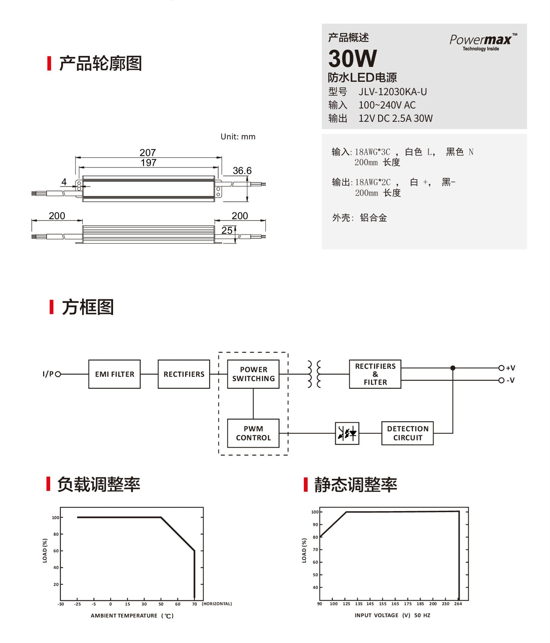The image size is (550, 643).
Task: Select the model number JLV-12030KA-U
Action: click(x=392, y=92)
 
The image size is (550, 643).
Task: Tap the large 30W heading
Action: click(x=352, y=59)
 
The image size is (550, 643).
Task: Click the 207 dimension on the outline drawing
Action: click(x=148, y=153)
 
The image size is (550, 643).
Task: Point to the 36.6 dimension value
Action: click(x=242, y=171)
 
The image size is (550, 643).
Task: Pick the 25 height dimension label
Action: click(x=227, y=230)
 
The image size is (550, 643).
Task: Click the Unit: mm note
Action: click(x=238, y=137)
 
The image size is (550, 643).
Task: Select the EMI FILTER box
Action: click(x=114, y=374)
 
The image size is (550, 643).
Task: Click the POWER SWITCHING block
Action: click(x=253, y=374)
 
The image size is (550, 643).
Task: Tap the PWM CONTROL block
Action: click(x=253, y=433)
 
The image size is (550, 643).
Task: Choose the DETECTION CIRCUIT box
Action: click(x=407, y=433)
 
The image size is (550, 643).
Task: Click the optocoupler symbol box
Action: click(x=347, y=433)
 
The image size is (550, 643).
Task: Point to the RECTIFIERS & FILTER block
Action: click(x=375, y=374)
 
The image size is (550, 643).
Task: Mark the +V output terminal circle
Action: click(x=501, y=368)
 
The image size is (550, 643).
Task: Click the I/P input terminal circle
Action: click(x=58, y=374)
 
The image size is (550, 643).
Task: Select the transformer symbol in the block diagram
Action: click(x=314, y=374)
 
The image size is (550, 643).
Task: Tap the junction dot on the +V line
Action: click(x=453, y=368)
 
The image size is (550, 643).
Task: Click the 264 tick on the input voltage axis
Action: click(x=458, y=604)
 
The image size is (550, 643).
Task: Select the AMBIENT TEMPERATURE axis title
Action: click(x=124, y=616)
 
